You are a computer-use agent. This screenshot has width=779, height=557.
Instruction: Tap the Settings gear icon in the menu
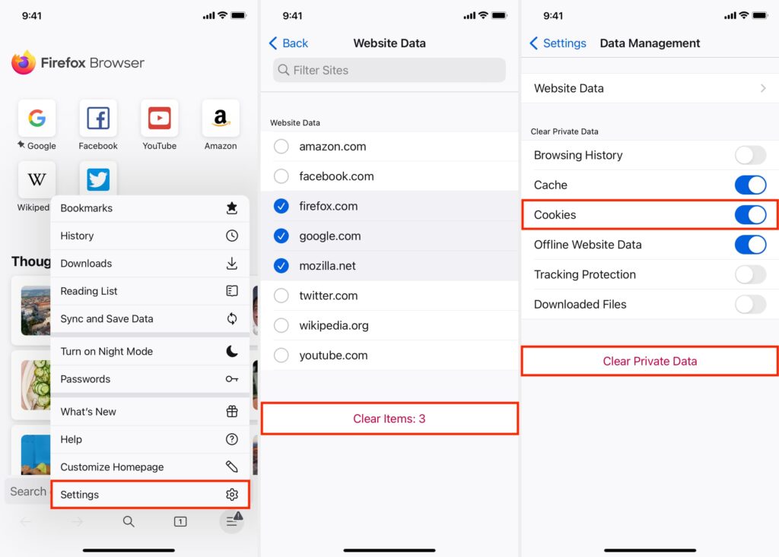pos(232,495)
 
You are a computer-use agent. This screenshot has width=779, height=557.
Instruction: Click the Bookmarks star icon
pos(232,208)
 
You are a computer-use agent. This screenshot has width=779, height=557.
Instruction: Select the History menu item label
pos(77,236)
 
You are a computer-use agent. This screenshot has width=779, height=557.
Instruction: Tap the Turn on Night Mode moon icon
pos(232,351)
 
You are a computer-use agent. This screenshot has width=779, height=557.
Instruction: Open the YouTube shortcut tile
pos(160,119)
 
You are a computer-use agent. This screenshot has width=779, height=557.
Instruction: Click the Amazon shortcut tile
pos(221,119)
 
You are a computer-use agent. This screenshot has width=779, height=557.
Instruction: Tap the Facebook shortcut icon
pos(98,119)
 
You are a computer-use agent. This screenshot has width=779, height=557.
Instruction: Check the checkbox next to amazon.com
pos(281,147)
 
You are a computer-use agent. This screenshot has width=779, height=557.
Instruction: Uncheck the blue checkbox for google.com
pos(281,236)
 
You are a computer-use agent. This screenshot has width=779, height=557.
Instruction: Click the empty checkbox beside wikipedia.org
pos(281,325)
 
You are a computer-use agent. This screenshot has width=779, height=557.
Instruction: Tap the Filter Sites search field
pos(389,70)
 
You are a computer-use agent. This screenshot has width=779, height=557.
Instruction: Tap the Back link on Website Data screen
pos(289,43)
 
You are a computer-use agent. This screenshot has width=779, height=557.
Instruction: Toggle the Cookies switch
pos(750,215)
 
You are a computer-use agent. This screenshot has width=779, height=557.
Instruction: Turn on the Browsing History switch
pos(750,156)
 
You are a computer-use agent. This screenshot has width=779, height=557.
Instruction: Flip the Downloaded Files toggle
pos(750,305)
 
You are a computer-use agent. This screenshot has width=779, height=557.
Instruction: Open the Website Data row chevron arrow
pos(763,88)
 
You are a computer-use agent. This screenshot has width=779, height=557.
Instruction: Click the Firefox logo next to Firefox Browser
pos(24,63)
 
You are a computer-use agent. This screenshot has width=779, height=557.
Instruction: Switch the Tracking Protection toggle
pos(750,274)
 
